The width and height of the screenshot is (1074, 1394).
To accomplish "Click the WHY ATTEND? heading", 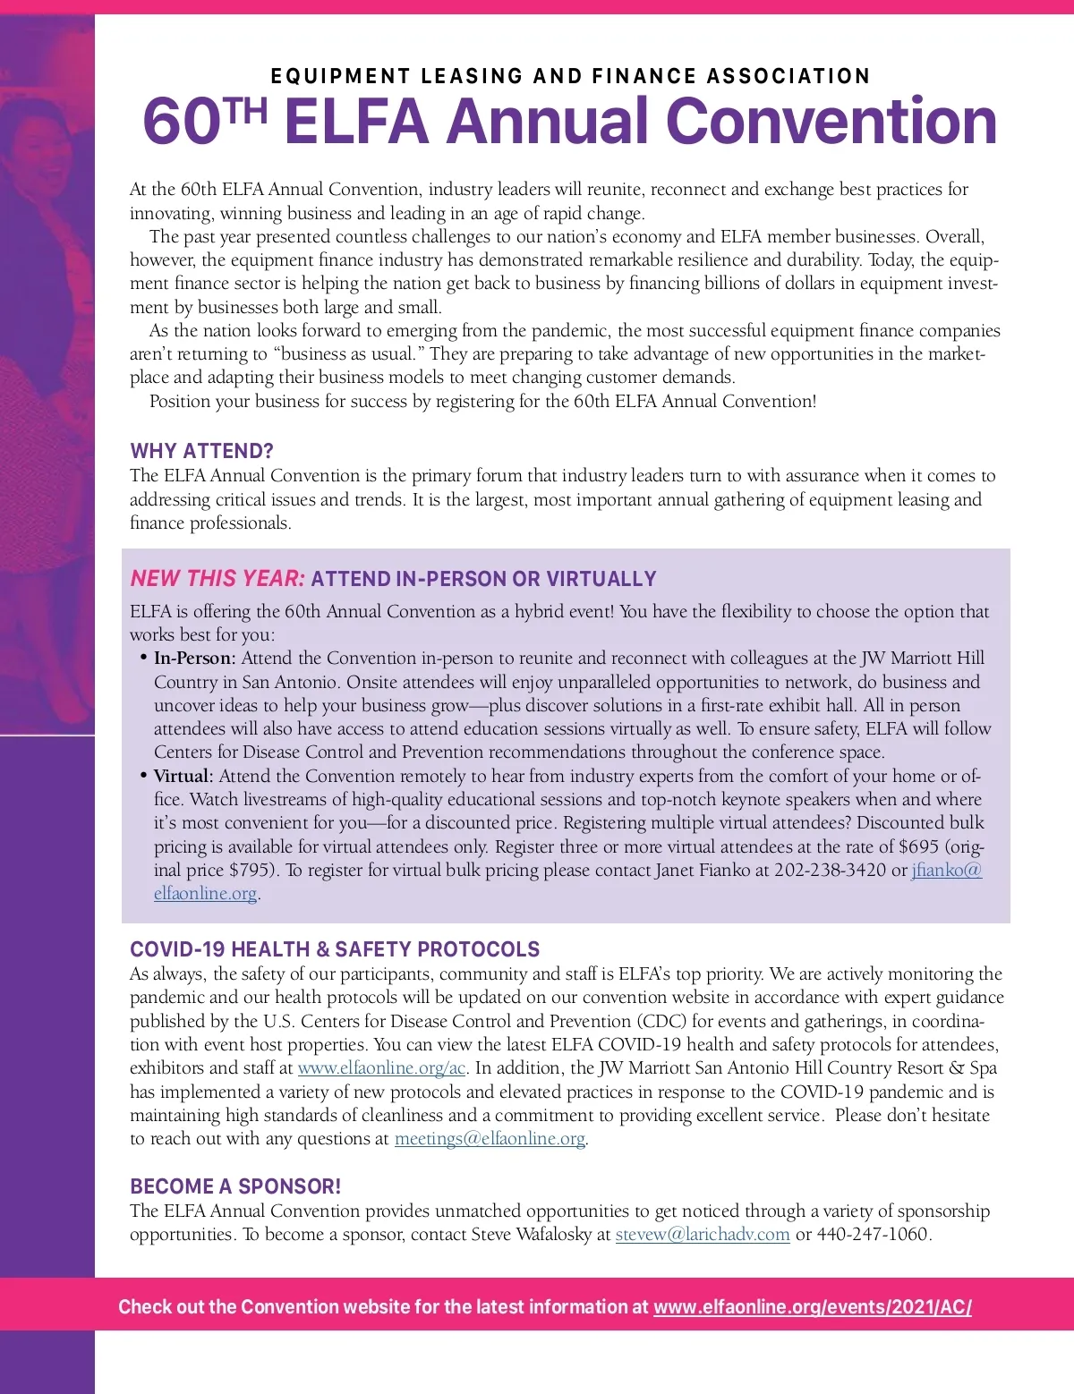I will pyautogui.click(x=201, y=451).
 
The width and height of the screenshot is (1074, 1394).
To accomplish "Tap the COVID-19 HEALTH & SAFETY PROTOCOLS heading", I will pyautogui.click(x=335, y=949).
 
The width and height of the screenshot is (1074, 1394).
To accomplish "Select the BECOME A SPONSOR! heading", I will pyautogui.click(x=235, y=1186).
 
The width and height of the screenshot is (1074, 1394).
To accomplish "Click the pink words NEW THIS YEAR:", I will pyautogui.click(x=217, y=579).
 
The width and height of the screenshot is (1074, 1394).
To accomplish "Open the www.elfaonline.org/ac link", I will pyautogui.click(x=381, y=1067).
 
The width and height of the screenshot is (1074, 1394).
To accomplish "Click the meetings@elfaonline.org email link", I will pyautogui.click(x=490, y=1138).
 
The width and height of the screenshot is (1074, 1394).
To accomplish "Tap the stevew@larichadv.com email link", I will pyautogui.click(x=702, y=1234).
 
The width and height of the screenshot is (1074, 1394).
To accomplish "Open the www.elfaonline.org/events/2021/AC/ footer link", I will pyautogui.click(x=812, y=1306).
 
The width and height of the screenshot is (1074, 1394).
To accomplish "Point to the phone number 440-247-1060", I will pyautogui.click(x=873, y=1234).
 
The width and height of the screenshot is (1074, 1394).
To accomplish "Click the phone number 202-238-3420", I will pyautogui.click(x=830, y=870).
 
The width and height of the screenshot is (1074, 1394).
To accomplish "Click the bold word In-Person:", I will pyautogui.click(x=194, y=659).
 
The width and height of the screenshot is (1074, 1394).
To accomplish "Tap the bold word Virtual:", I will pyautogui.click(x=183, y=776).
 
